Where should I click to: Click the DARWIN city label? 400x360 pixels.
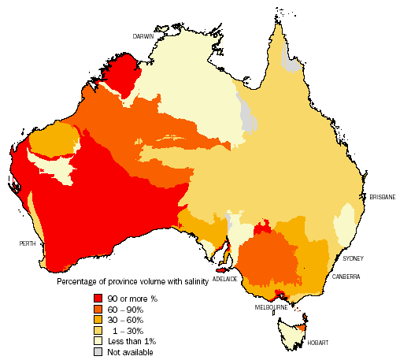tap(143, 36)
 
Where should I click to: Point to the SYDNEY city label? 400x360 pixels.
tap(354, 258)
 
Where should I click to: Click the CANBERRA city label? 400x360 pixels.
tap(346, 276)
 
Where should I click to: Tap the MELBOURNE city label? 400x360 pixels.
tap(270, 307)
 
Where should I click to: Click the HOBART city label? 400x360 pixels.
tap(319, 343)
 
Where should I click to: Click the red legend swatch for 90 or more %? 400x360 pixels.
tap(98, 297)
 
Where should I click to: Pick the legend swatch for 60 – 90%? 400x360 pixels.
tap(98, 308)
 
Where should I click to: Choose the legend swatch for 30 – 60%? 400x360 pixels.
tap(98, 319)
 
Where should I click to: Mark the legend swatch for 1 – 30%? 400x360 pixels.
tap(98, 330)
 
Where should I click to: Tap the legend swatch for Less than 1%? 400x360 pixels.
tap(98, 341)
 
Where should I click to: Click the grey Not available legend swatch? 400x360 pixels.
tap(98, 352)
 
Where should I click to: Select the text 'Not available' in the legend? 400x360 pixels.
tap(131, 352)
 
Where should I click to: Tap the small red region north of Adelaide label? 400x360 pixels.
tap(223, 252)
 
